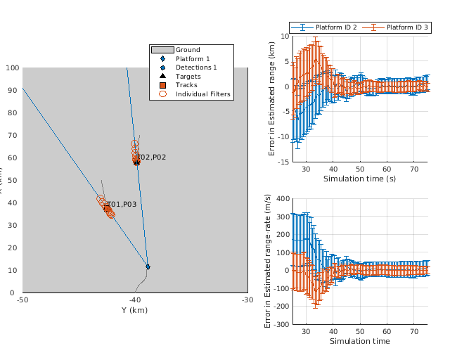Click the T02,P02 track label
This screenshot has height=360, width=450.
click(x=152, y=157)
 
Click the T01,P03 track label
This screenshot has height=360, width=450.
click(x=122, y=205)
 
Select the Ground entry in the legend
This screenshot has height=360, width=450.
click(x=188, y=50)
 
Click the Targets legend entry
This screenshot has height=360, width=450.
click(x=188, y=76)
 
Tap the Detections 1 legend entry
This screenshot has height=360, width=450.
click(x=196, y=67)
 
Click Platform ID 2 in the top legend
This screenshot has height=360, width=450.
click(x=336, y=27)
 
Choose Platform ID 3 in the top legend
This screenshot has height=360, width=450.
click(x=406, y=27)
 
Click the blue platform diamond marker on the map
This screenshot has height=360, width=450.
click(x=148, y=266)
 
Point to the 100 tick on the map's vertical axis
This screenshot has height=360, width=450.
click(x=13, y=68)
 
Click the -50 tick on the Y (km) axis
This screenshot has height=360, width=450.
click(x=22, y=300)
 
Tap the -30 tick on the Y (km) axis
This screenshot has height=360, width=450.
click(x=247, y=300)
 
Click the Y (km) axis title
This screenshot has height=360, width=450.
click(x=134, y=310)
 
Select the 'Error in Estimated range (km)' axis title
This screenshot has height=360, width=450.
click(x=275, y=98)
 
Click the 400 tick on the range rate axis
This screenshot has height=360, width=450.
click(x=281, y=199)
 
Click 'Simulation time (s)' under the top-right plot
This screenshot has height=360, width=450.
click(x=359, y=179)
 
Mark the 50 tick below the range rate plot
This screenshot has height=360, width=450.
click(x=360, y=331)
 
